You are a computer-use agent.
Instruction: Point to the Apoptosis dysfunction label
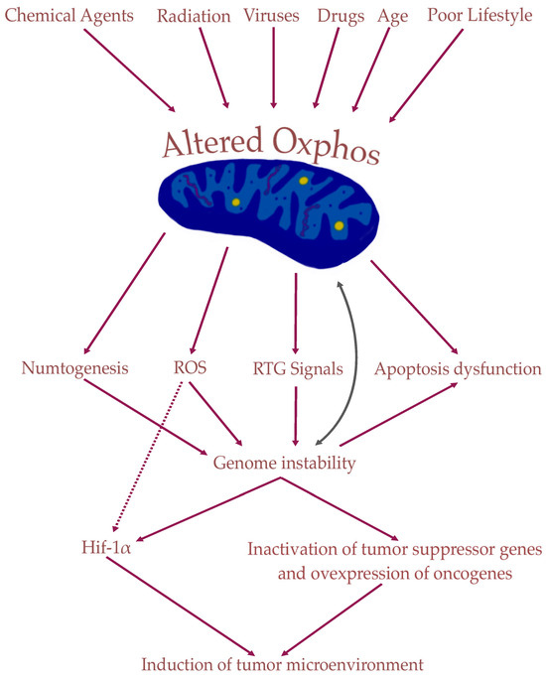tap(458, 369)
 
